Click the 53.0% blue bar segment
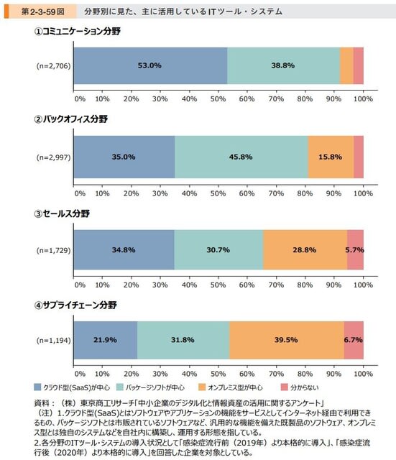(150, 65)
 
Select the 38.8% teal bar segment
(283, 65)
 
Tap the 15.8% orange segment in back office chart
(331, 157)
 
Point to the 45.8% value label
(241, 157)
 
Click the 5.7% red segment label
(354, 250)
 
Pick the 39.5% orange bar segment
(287, 340)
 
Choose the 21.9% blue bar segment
(106, 340)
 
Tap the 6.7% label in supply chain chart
(353, 340)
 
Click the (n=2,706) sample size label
(53, 65)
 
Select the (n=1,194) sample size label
(53, 340)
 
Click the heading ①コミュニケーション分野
(77, 31)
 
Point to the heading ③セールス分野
(62, 213)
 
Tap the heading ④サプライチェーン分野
(75, 305)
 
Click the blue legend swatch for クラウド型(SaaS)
(37, 387)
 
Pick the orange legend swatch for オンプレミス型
(202, 387)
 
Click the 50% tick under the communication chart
(218, 99)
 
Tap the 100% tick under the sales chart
(363, 285)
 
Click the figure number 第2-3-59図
(43, 11)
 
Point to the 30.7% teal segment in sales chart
(218, 250)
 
